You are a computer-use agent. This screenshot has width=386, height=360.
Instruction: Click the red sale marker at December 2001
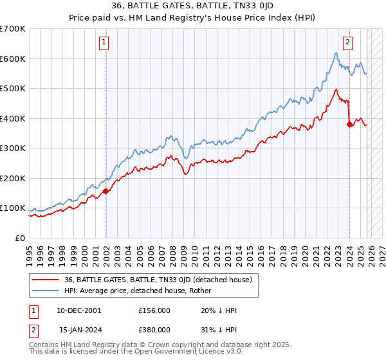click(106, 191)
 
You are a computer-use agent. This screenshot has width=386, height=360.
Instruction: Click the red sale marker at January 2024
click(349, 125)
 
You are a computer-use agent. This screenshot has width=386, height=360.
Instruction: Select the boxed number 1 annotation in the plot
click(104, 43)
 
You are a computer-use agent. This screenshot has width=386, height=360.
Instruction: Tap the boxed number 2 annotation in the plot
click(347, 43)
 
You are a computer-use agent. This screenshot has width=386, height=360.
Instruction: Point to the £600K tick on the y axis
click(13, 59)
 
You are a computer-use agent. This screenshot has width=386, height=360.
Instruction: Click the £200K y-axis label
click(13, 178)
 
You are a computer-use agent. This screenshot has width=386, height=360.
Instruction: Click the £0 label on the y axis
click(21, 238)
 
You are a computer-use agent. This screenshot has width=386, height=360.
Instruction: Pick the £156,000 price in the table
click(154, 310)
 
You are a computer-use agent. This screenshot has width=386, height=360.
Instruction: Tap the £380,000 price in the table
click(154, 330)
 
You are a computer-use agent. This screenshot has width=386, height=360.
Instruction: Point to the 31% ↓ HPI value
click(219, 330)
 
